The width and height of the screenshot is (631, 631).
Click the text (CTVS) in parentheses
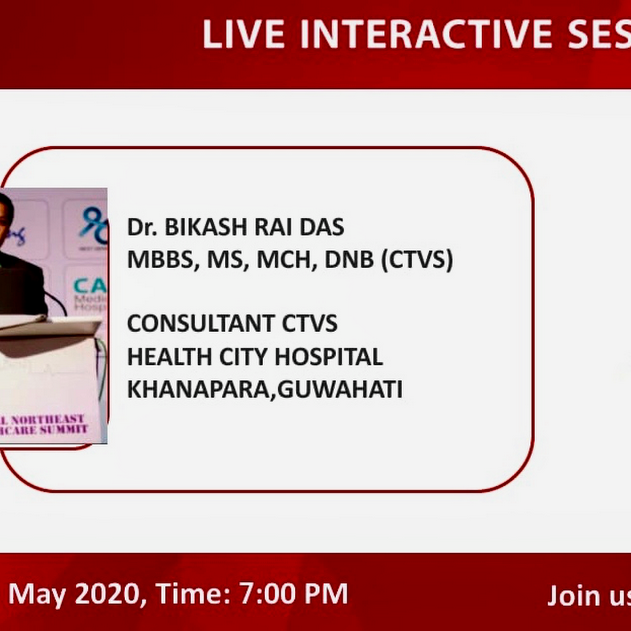(x=417, y=260)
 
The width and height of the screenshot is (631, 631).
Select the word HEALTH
(x=170, y=357)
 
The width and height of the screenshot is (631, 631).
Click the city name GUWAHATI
(x=340, y=389)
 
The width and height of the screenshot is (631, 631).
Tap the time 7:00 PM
(x=293, y=594)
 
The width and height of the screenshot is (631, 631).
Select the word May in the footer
(x=37, y=594)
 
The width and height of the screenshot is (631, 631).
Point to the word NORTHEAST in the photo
(x=48, y=420)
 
